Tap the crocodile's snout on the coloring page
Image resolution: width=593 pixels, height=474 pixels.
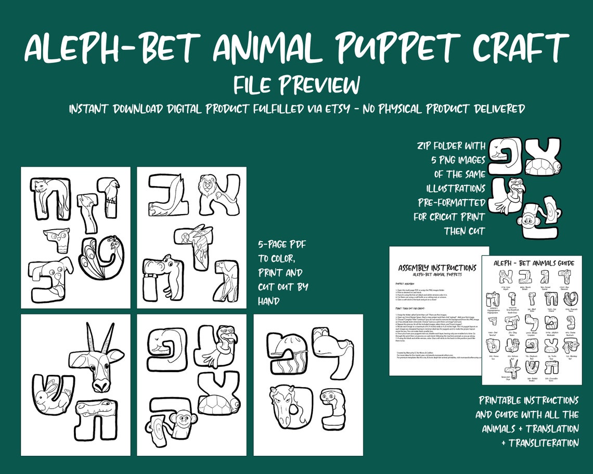(110, 409)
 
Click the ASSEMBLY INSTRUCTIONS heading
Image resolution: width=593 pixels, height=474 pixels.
(437, 268)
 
